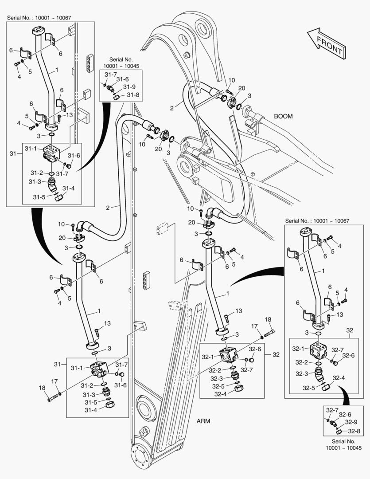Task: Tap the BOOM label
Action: pyautogui.click(x=283, y=116)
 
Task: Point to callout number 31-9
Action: pyautogui.click(x=129, y=87)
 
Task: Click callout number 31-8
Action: pyautogui.click(x=133, y=94)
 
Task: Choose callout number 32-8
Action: pyautogui.click(x=353, y=431)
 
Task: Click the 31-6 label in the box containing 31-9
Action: pyautogui.click(x=123, y=79)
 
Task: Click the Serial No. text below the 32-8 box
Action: pyautogui.click(x=344, y=445)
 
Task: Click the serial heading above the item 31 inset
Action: pyautogui.click(x=39, y=18)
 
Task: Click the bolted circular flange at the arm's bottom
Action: pyautogui.click(x=143, y=458)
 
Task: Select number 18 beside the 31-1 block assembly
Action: pyautogui.click(x=42, y=388)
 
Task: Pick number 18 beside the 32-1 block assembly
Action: pyautogui.click(x=268, y=319)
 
